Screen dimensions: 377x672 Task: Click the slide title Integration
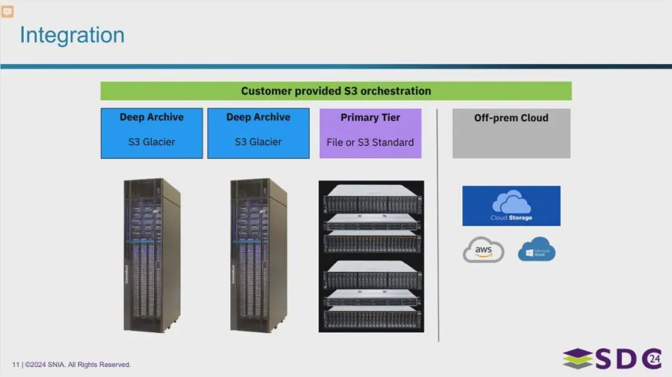[x=72, y=35]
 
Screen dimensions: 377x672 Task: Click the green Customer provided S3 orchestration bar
[x=335, y=91]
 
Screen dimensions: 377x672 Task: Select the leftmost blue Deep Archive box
[x=152, y=133]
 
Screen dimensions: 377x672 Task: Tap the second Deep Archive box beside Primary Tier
[x=258, y=133]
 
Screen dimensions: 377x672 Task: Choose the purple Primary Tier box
[x=370, y=133]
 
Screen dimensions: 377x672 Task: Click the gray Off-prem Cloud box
[x=511, y=133]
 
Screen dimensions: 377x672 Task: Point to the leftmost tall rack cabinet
[x=152, y=255]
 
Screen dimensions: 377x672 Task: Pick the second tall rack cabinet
[x=258, y=255]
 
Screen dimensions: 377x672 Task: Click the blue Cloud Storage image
[x=511, y=206]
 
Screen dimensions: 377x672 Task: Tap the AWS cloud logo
[x=483, y=250]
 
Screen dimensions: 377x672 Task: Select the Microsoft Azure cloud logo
[x=536, y=250]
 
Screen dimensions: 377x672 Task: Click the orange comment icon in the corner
[x=7, y=11]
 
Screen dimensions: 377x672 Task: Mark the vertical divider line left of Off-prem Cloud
[x=438, y=224]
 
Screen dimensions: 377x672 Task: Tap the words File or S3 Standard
[x=370, y=142]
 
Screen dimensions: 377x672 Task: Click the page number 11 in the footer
[x=16, y=365]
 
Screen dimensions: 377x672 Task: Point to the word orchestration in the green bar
[x=396, y=91]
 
